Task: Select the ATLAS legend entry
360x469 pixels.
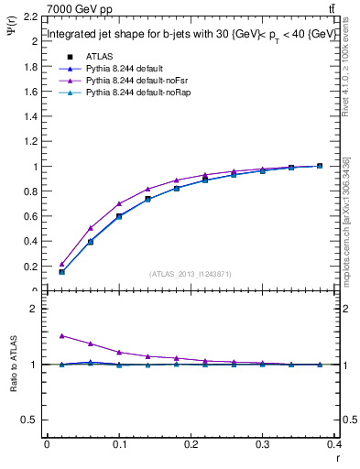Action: (99, 55)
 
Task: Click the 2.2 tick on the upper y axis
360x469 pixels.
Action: (31, 16)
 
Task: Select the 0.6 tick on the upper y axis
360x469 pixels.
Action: (31, 217)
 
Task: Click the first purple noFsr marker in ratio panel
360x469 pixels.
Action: (61, 335)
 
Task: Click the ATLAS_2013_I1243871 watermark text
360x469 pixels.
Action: (191, 274)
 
